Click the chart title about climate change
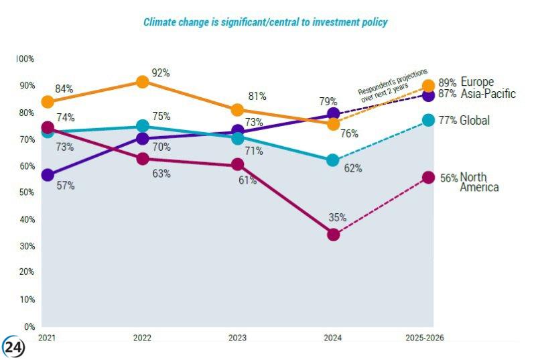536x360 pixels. pos(265,22)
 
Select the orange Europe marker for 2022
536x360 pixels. pos(142,82)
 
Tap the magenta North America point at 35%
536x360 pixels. pos(333,234)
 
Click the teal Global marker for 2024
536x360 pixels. pos(333,160)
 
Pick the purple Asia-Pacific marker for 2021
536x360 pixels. pos(48,175)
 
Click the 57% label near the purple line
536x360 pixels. pos(66,186)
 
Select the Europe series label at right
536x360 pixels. pos(477,82)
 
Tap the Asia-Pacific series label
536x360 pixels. pos(488,94)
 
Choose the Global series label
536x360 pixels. pos(475,121)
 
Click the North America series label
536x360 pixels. pos(479,182)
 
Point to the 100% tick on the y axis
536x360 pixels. pos(25,59)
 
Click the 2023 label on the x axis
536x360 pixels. pos(237,337)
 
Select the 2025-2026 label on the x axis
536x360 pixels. pos(424,337)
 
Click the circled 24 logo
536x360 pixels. pos(13,347)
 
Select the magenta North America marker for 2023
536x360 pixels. pos(237,164)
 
